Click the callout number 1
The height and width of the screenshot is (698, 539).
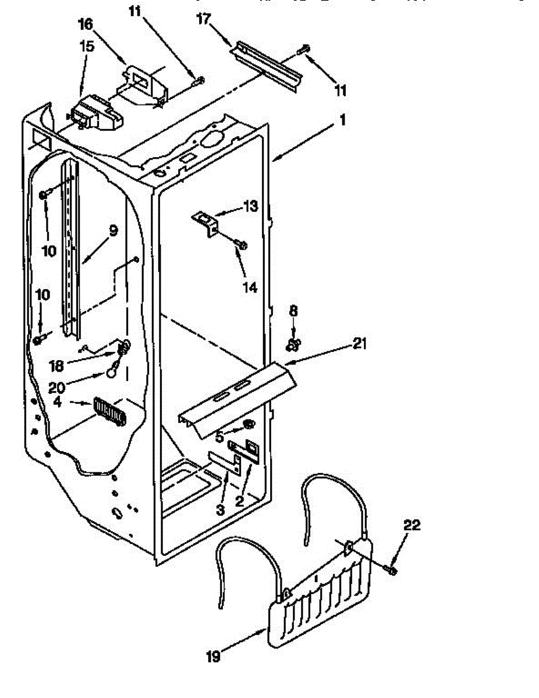click(x=343, y=120)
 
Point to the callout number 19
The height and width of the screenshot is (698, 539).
click(x=213, y=657)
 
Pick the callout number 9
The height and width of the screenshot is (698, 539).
click(x=113, y=231)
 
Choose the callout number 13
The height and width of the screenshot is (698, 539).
click(x=250, y=206)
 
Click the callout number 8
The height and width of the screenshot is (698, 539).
click(x=293, y=312)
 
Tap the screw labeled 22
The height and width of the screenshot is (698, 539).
click(x=392, y=570)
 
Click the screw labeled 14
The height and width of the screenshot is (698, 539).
click(x=242, y=245)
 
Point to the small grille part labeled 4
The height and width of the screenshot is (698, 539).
click(x=109, y=412)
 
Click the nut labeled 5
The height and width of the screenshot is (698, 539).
click(x=250, y=423)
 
